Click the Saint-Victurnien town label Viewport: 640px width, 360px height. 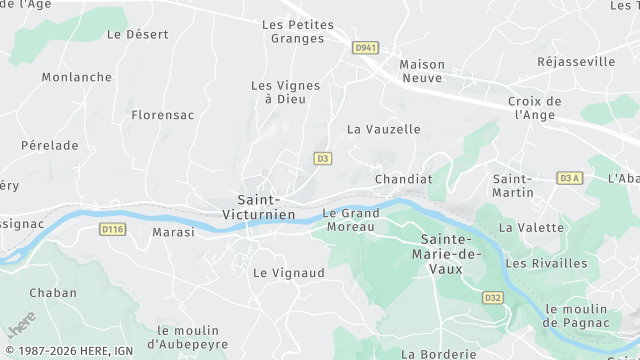tap(266, 207)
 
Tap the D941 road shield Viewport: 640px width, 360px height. tap(367, 46)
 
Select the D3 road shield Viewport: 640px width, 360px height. tap(322, 158)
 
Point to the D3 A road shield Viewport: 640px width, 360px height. tap(568, 178)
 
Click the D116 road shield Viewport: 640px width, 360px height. tap(113, 229)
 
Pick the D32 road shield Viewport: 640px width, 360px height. tap(492, 297)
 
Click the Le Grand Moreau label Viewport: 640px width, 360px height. tap(349, 220)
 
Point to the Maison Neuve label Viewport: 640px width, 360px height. tap(422, 70)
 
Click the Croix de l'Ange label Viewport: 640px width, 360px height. tap(535, 108)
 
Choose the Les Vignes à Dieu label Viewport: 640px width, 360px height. tap(285, 92)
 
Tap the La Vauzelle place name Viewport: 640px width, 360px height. tap(384, 129)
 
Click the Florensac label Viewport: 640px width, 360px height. tap(162, 115)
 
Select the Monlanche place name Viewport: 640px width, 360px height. tap(77, 77)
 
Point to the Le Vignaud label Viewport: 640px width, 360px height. tap(289, 272)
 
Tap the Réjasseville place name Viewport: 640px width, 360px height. tap(576, 62)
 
